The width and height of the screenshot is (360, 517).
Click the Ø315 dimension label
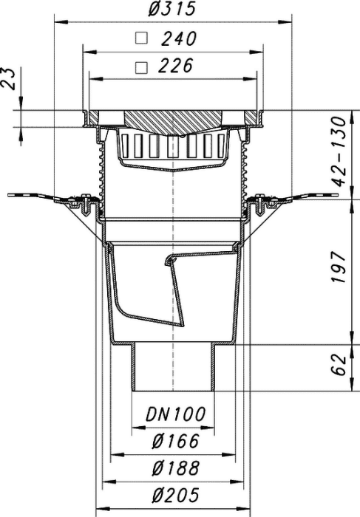(x=172, y=9)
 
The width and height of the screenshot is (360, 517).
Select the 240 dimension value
(x=179, y=38)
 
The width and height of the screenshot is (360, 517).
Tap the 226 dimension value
(x=175, y=66)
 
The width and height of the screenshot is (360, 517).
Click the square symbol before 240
(x=141, y=38)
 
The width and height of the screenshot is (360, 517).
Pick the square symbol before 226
(x=141, y=67)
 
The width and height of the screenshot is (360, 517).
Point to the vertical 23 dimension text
(x=9, y=79)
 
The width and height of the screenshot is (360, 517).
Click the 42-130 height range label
(x=339, y=151)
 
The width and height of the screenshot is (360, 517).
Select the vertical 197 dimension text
(x=339, y=267)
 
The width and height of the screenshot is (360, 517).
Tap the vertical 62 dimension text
(x=339, y=365)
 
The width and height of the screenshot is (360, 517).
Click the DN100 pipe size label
(x=175, y=414)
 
